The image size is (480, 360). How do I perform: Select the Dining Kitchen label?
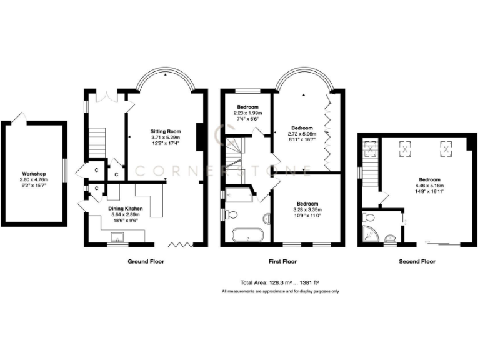[127, 209]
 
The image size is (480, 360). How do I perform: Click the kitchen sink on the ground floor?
[116, 237]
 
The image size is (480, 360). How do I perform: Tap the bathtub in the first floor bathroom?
[247, 236]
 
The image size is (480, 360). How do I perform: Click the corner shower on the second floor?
[369, 235]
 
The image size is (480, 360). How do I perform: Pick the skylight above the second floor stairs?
[371, 149]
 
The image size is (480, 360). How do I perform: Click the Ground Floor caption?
[146, 262]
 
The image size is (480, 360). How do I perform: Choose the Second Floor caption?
[417, 262]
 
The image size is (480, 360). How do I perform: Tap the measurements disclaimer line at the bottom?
[281, 292]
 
